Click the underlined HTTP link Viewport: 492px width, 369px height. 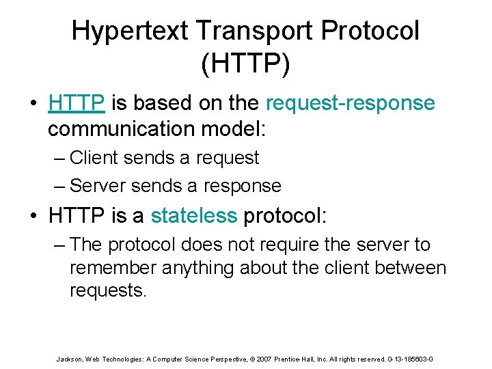(x=77, y=102)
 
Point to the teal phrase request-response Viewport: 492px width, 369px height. (x=350, y=102)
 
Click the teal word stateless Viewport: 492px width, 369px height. (x=193, y=216)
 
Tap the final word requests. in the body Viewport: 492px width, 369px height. (x=108, y=290)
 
